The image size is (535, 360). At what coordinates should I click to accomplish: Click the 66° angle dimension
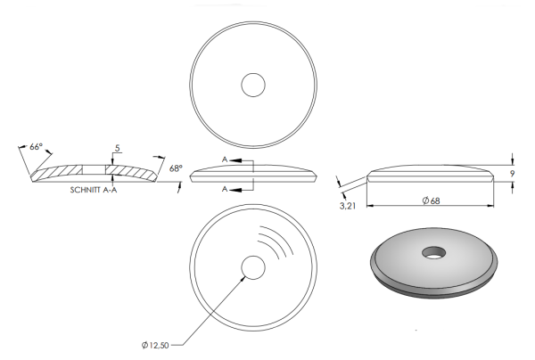coord(36,145)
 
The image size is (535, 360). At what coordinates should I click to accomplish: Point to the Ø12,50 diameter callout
coord(157,343)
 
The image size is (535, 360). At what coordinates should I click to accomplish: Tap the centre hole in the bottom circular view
coord(253,268)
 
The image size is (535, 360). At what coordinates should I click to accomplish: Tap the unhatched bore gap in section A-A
coord(94,168)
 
